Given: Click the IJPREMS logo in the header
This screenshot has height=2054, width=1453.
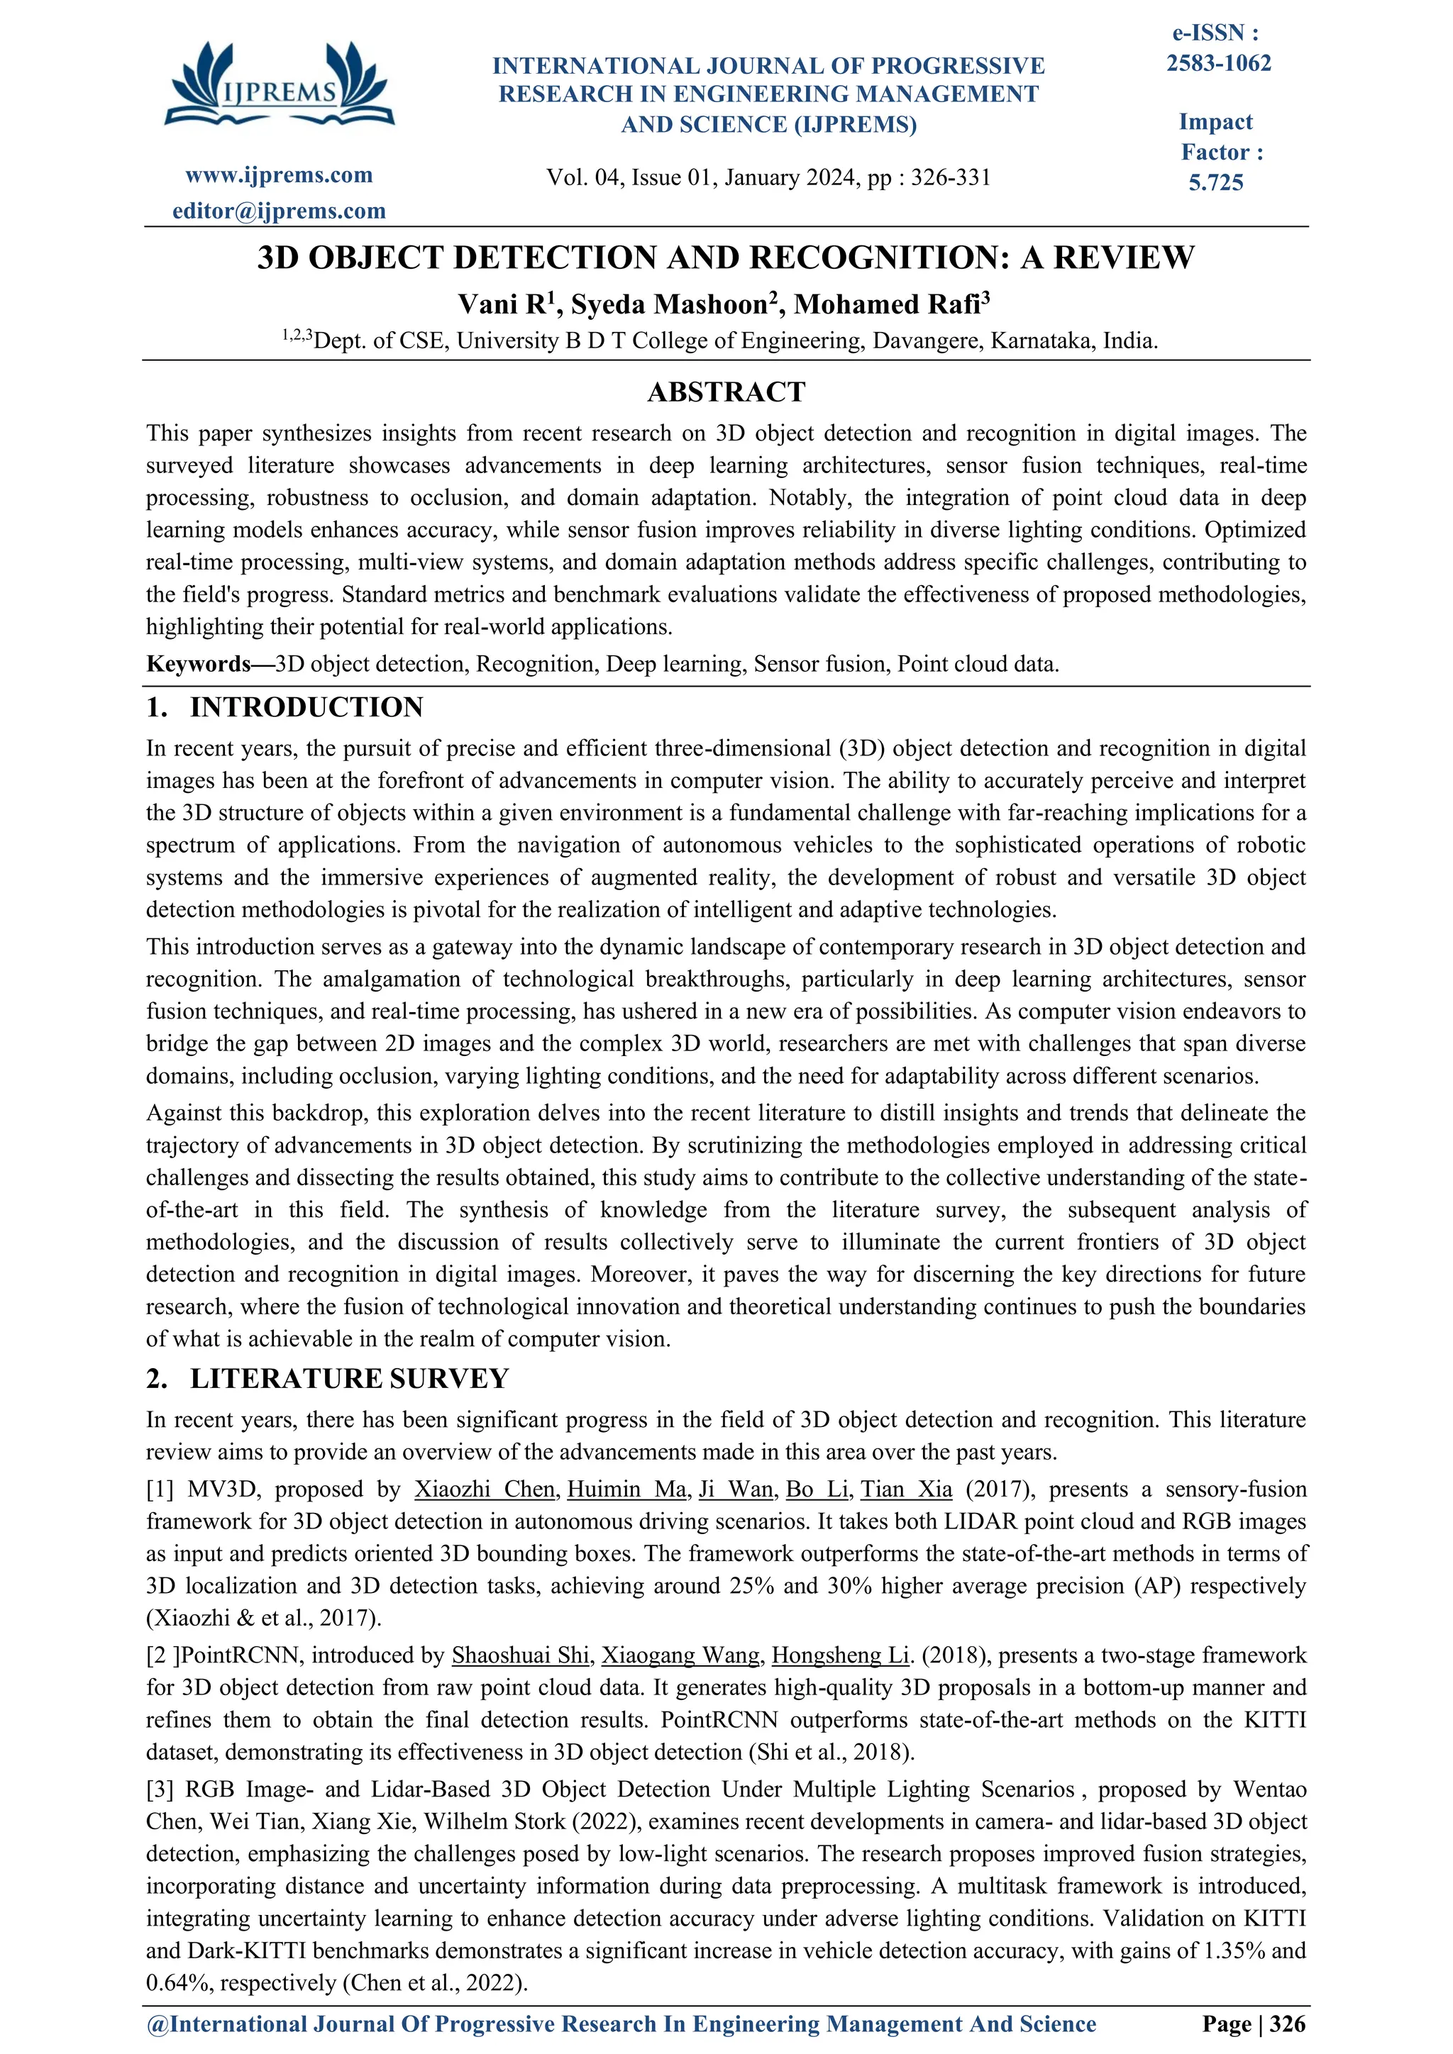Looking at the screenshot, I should (x=279, y=85).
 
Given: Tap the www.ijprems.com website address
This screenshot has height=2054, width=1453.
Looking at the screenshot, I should (x=279, y=175).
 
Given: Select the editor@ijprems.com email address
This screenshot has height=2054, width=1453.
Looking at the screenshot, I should (x=279, y=211).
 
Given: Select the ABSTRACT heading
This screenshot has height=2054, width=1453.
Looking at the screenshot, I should (x=726, y=392).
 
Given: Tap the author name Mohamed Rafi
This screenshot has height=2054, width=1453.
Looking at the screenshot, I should (x=888, y=305).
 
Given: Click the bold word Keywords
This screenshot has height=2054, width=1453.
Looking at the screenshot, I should (x=199, y=664).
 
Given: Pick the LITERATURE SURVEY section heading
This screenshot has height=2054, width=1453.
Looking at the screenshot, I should (x=349, y=1379).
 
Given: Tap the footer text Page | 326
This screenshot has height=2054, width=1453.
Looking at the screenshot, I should (x=1254, y=2024).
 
